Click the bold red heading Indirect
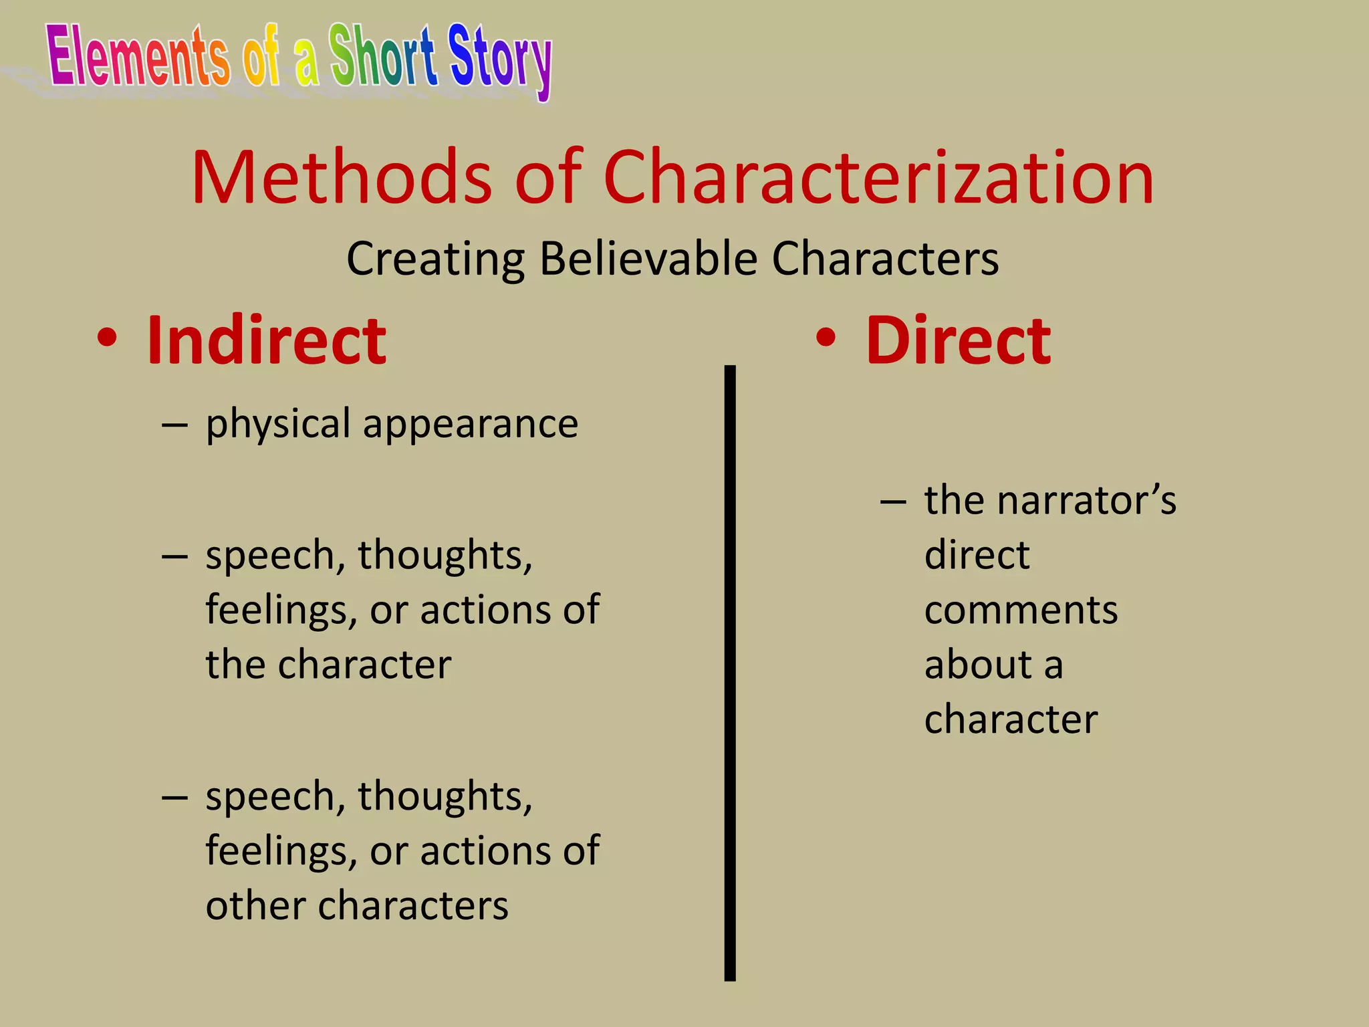click(266, 340)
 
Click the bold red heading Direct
click(958, 340)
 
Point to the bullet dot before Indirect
click(107, 338)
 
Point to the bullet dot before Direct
click(826, 338)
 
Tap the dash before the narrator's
click(893, 501)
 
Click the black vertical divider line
click(730, 669)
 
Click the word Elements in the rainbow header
click(138, 56)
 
